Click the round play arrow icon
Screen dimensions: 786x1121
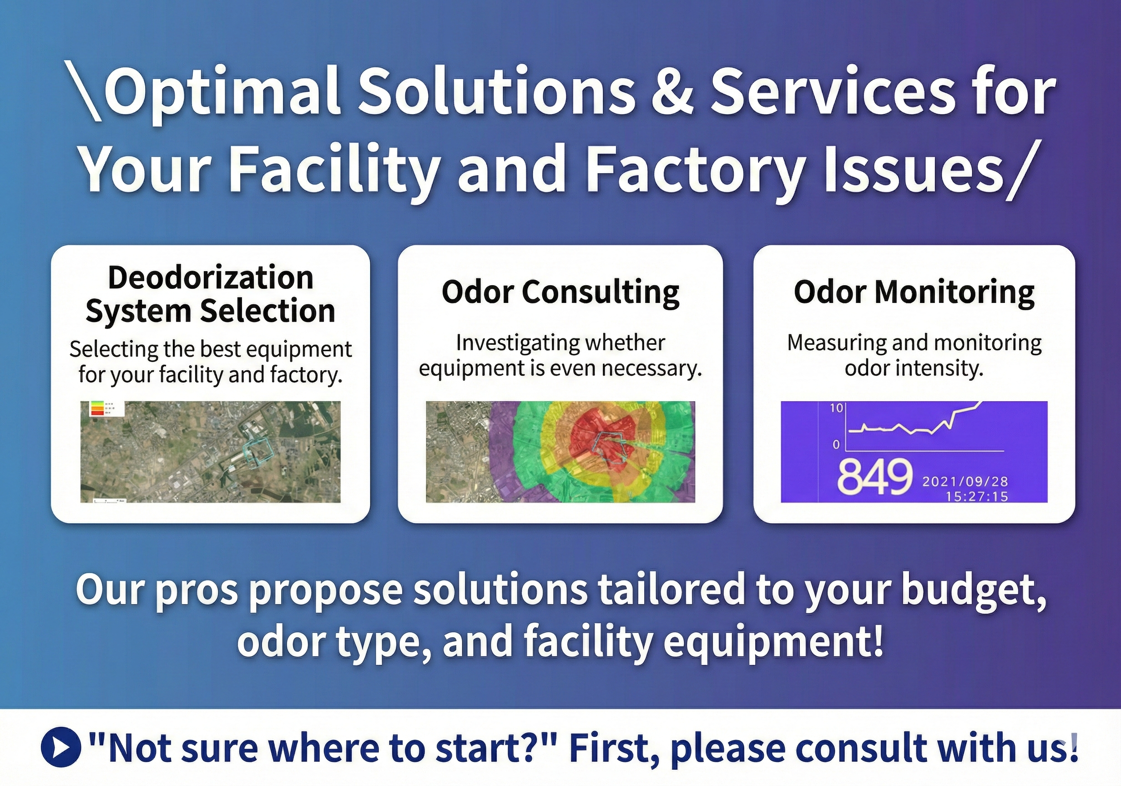pos(61,747)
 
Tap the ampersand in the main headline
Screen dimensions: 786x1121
pos(672,92)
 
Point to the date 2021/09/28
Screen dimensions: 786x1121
pos(965,481)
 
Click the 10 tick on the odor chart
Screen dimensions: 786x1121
pos(836,408)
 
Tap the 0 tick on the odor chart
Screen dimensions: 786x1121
pos(836,444)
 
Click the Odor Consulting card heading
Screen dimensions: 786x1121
pos(560,292)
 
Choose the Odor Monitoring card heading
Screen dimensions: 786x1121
pos(914,292)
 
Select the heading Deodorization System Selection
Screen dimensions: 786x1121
pos(211,294)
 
